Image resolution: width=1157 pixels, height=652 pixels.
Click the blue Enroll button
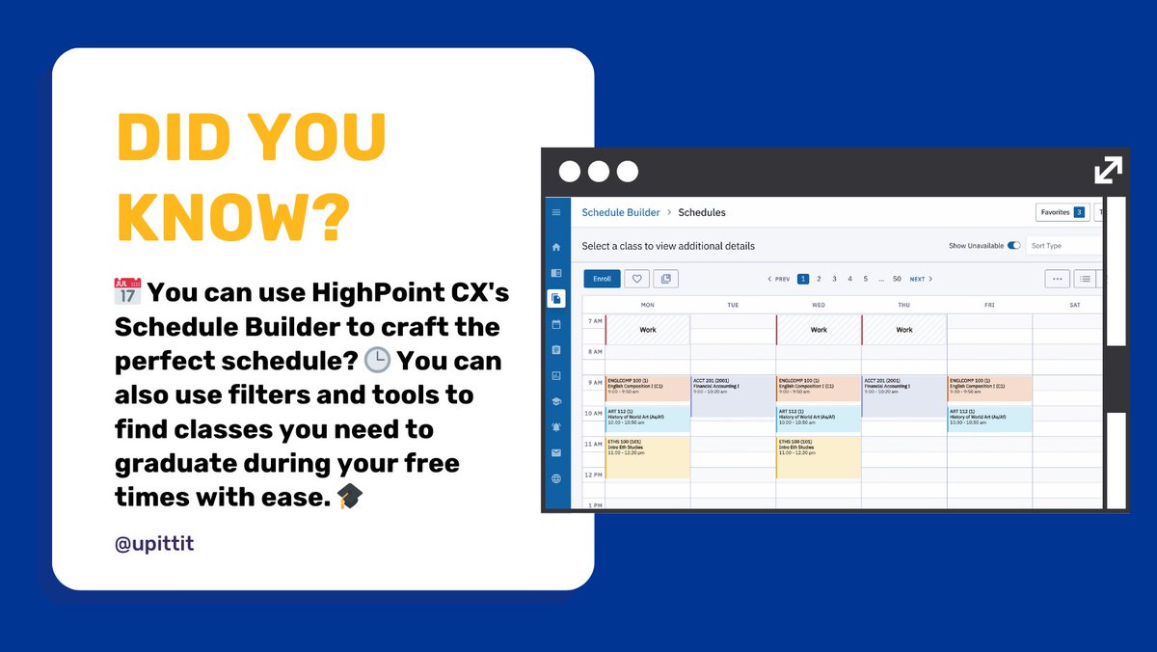pos(602,279)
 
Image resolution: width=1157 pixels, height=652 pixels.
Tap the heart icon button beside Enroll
pos(635,279)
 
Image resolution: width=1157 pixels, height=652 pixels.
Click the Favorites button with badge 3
pos(1062,212)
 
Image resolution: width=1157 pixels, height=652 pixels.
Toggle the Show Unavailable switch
pos(1013,246)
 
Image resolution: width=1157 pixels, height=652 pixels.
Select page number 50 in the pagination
pos(897,279)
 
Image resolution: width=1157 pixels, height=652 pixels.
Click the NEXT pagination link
pos(921,279)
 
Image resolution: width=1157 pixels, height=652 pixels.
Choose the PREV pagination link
pos(779,279)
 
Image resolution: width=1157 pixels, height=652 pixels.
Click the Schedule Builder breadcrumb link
pos(621,212)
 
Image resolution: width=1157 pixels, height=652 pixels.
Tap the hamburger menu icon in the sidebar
pos(556,212)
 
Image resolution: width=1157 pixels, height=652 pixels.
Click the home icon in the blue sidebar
pos(556,247)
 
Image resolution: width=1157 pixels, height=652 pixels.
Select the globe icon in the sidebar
pos(556,478)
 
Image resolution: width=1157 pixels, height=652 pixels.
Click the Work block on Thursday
pos(903,330)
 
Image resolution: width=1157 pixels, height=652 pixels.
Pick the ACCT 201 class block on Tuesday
pos(732,395)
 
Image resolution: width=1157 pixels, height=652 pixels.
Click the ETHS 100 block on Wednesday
pos(818,457)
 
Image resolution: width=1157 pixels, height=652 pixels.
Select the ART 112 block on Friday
pos(989,419)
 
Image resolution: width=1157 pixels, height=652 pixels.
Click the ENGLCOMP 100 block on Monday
pos(647,388)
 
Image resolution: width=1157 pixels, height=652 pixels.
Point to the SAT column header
pos(1074,305)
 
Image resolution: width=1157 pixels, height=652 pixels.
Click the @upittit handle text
pos(154,543)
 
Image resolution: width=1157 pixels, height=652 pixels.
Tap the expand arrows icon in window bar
pos(1108,171)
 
